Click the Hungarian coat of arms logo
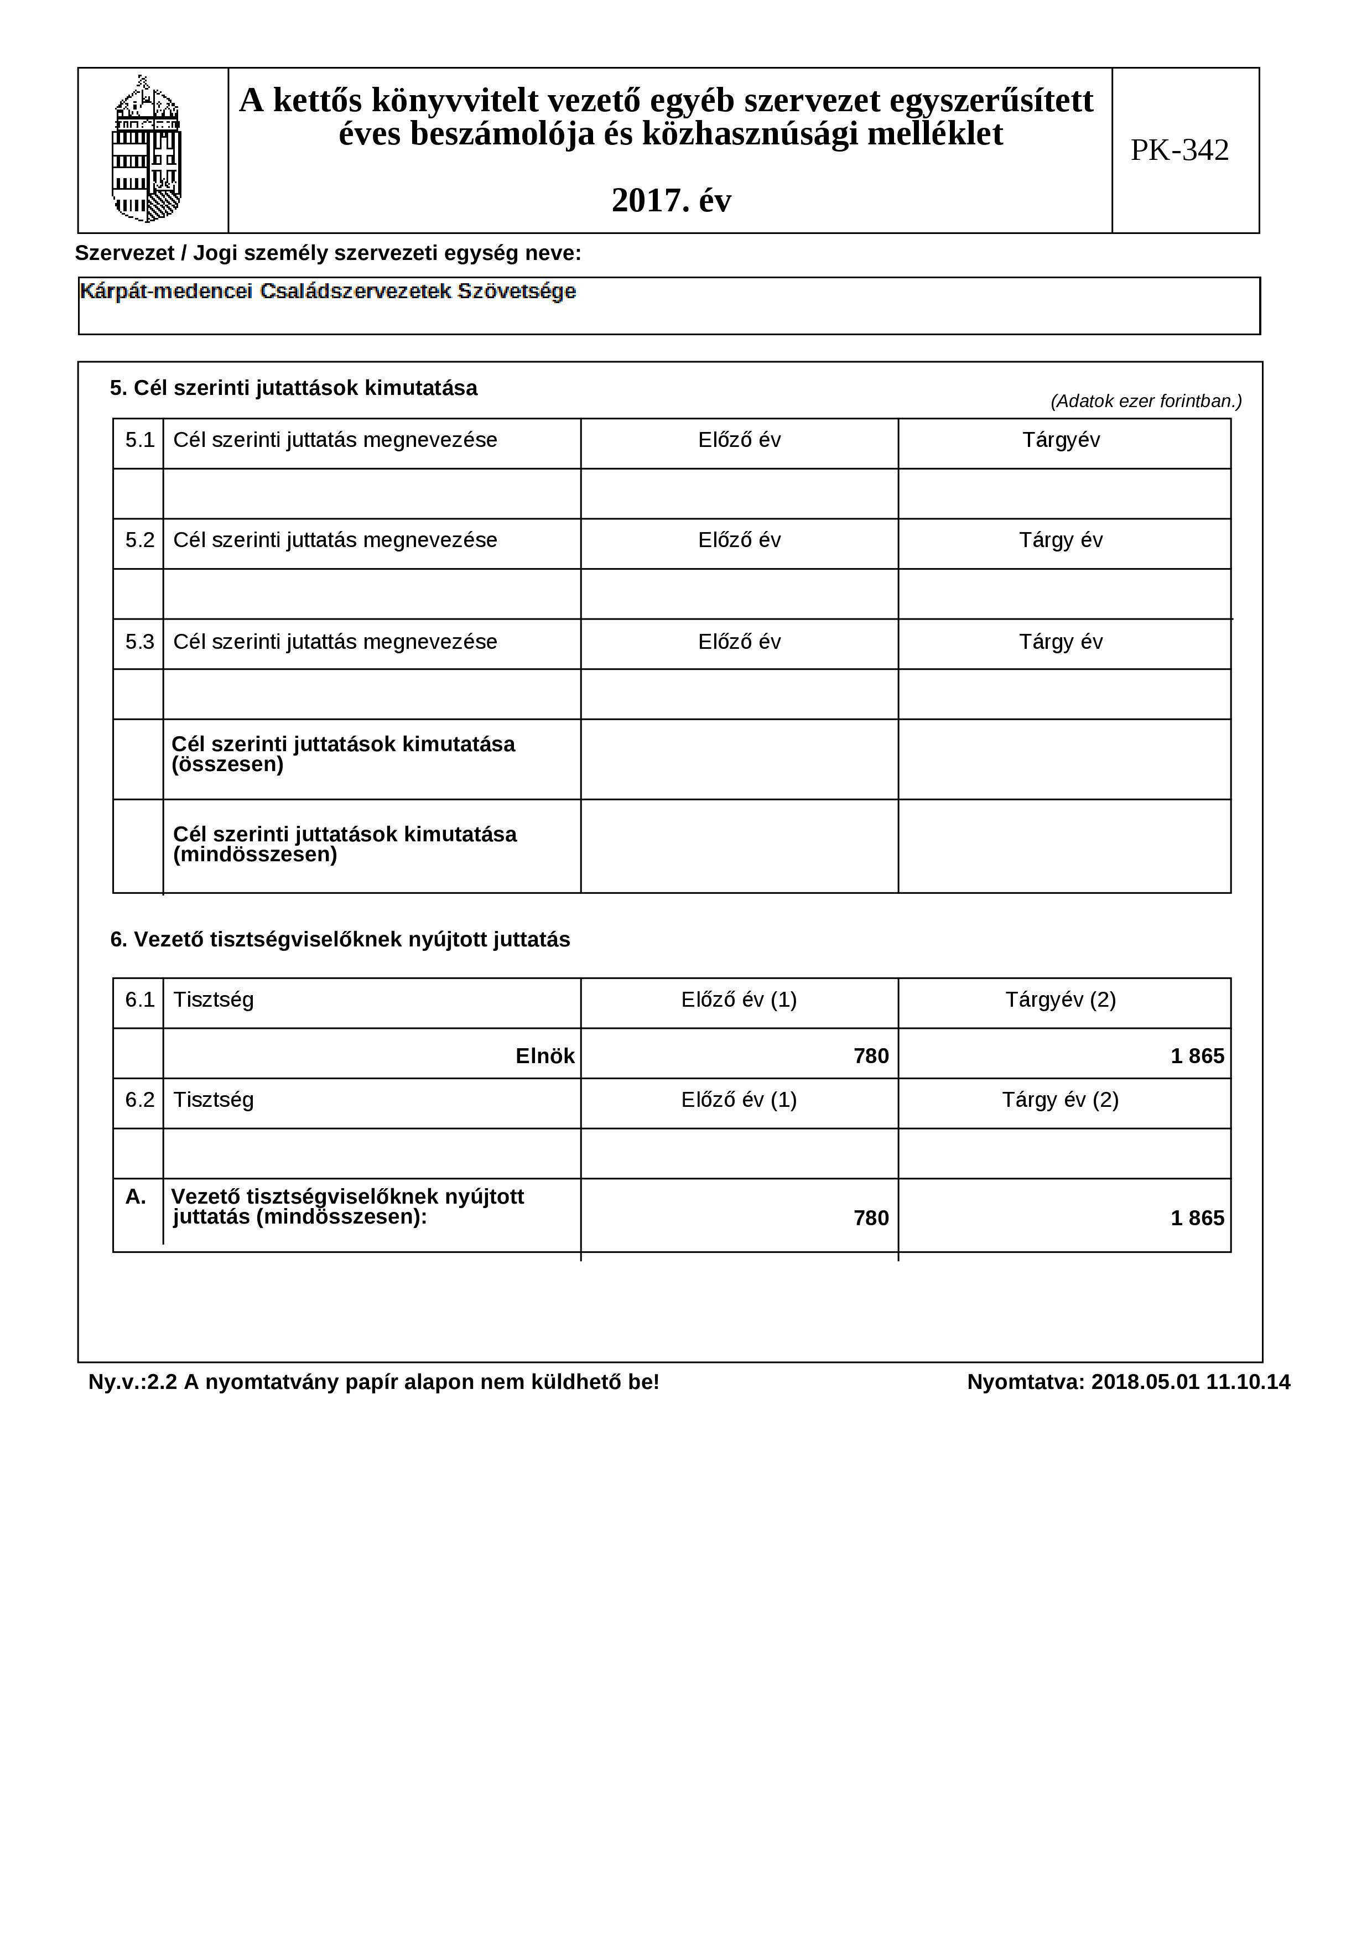point(147,150)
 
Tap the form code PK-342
point(1179,150)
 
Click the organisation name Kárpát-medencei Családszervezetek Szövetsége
point(328,292)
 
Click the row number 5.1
point(139,440)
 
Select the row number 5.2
point(139,540)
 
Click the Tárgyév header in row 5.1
point(1061,440)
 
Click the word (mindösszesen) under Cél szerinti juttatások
point(255,855)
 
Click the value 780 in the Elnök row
point(871,1056)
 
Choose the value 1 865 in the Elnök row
point(1197,1056)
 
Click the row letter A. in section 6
point(135,1197)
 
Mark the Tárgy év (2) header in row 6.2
point(1060,1100)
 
